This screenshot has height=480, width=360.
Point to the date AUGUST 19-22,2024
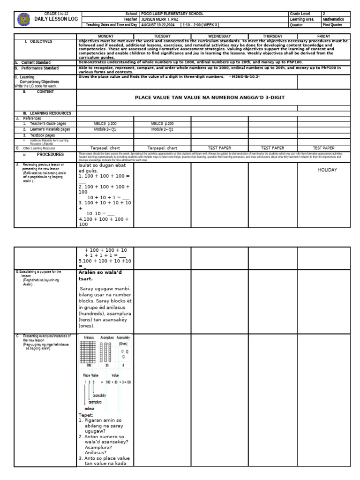(160, 25)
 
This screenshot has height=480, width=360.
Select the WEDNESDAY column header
(219, 36)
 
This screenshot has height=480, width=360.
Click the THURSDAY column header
(272, 36)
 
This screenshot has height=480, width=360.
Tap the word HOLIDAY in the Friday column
(327, 170)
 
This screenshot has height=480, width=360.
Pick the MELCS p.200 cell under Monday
(105, 124)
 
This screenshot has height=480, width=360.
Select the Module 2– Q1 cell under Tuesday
(162, 129)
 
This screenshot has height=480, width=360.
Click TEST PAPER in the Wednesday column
(219, 147)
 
